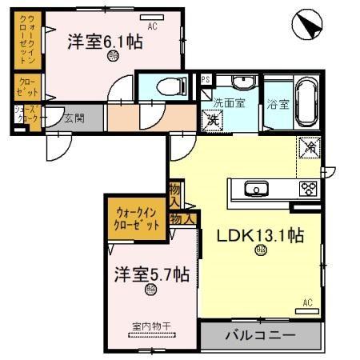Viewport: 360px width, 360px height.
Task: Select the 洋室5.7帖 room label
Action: pos(150,274)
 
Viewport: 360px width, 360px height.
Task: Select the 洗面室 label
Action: pos(229,102)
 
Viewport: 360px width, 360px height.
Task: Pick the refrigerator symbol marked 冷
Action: pos(309,147)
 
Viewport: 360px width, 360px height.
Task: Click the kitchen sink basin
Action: pos(257,190)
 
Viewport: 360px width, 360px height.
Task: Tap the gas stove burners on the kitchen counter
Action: pos(308,190)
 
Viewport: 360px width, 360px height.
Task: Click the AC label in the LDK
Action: pos(307,302)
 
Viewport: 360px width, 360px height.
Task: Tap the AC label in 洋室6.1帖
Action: pos(153,26)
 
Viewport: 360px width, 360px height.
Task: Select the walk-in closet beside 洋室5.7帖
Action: pos(137,218)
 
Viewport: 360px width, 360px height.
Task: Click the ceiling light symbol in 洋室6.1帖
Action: pos(112,57)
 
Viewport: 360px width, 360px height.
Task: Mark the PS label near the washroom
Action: pos(206,78)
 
